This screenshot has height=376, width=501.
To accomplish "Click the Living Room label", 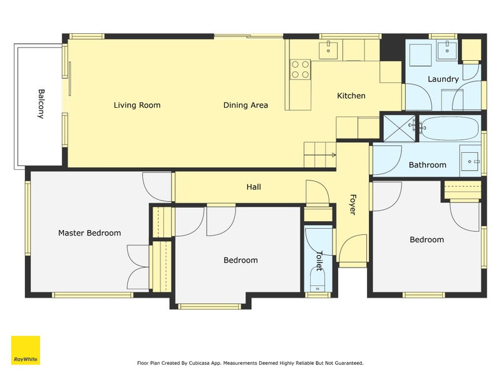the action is (x=137, y=105).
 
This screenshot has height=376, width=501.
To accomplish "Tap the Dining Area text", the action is (x=245, y=105).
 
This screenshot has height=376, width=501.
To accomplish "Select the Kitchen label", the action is (x=351, y=96).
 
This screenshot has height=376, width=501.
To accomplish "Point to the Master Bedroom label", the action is (x=90, y=232).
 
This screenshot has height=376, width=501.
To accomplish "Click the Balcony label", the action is (x=41, y=104).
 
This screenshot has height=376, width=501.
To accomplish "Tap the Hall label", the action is (x=254, y=187).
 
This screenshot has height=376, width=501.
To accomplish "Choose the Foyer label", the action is (x=353, y=205).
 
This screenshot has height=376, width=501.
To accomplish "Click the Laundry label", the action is (x=443, y=79).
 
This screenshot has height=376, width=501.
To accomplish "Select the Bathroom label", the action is (x=428, y=165).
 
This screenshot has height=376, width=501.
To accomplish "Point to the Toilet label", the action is (x=319, y=261).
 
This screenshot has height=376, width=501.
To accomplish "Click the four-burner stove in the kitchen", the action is (x=301, y=70).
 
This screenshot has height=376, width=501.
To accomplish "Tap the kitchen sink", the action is (x=328, y=50).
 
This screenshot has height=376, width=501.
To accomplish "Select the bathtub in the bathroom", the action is (x=450, y=128).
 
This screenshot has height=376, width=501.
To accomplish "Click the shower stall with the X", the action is (x=399, y=128).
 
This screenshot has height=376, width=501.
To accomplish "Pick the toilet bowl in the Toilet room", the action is (x=318, y=281).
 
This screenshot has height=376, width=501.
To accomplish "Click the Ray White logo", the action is (x=26, y=350).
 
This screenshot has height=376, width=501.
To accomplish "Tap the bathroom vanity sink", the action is (x=470, y=162).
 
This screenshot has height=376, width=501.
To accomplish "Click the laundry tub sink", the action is (x=447, y=50).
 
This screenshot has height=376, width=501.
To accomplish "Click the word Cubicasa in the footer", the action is (x=200, y=363).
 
